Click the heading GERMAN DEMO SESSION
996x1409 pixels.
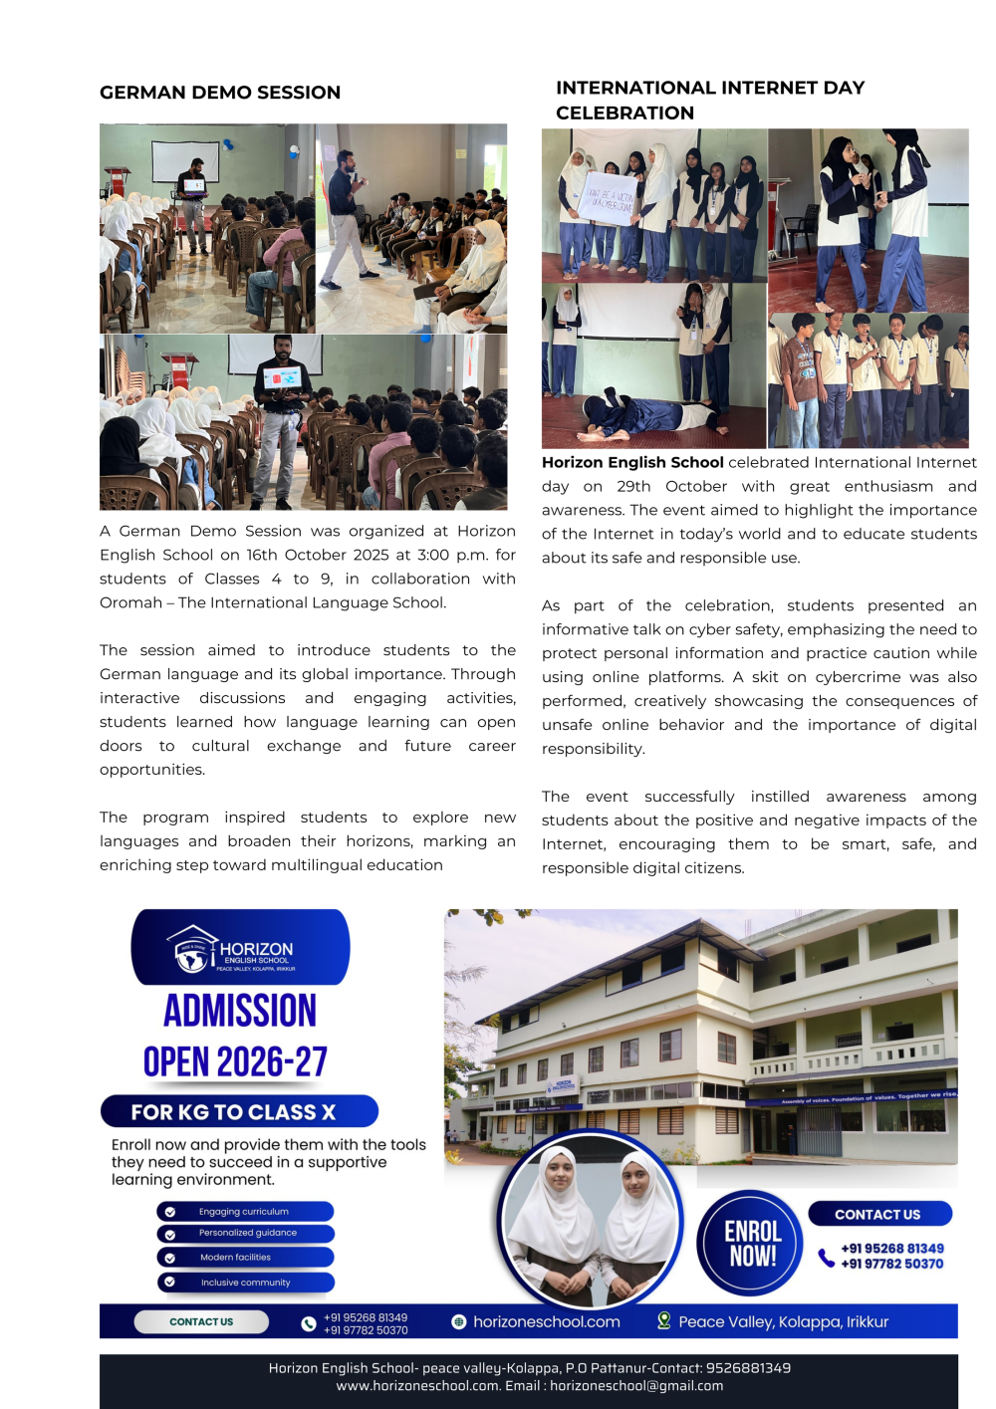pyautogui.click(x=220, y=93)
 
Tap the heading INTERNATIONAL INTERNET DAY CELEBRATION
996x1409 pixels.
pyautogui.click(x=709, y=100)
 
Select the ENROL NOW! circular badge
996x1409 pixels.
pyautogui.click(x=753, y=1243)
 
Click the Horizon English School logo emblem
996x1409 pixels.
pyautogui.click(x=190, y=949)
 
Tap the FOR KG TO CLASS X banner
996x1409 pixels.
pyautogui.click(x=239, y=1111)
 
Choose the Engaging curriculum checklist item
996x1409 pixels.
pyautogui.click(x=244, y=1212)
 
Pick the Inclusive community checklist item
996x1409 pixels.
pyautogui.click(x=244, y=1283)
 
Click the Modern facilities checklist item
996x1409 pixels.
pyautogui.click(x=244, y=1258)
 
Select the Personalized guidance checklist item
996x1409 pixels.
pyautogui.click(x=244, y=1233)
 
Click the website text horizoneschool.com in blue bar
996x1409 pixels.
pyautogui.click(x=546, y=1321)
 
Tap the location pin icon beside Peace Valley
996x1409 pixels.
pyautogui.click(x=663, y=1320)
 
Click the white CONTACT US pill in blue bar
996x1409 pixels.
pyautogui.click(x=201, y=1321)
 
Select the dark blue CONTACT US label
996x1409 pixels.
pyautogui.click(x=878, y=1214)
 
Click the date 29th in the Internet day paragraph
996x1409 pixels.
pyautogui.click(x=633, y=486)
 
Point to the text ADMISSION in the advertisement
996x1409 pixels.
pyautogui.click(x=240, y=1011)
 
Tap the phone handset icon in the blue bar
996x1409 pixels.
pyautogui.click(x=308, y=1323)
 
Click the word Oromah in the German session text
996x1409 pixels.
pyautogui.click(x=130, y=602)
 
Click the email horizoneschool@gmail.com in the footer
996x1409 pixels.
pyautogui.click(x=636, y=1386)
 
